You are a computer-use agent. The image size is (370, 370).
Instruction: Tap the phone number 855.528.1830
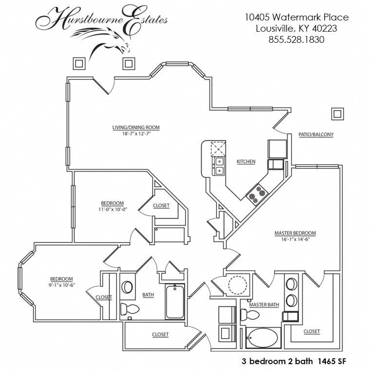296,39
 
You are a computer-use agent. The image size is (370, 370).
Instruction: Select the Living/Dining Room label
136,128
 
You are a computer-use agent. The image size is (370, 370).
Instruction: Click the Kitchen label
246,162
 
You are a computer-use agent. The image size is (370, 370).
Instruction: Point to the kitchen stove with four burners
257,195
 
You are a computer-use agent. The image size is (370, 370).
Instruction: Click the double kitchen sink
219,166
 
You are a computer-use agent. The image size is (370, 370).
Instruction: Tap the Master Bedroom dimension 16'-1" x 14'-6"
295,239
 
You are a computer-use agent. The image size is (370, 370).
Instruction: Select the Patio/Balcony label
316,134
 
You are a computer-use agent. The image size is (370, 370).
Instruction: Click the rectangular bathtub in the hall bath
175,301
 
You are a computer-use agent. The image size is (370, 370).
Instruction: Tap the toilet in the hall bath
129,309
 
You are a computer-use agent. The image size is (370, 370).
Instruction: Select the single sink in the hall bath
127,287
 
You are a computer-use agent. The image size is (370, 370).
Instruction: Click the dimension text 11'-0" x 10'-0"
113,209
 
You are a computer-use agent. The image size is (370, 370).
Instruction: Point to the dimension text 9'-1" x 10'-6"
62,285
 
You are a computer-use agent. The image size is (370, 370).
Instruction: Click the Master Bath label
264,305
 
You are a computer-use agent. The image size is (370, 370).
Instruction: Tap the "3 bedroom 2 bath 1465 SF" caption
294,361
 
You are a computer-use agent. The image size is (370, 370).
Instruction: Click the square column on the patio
337,114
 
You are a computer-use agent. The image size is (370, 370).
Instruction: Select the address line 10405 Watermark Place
296,17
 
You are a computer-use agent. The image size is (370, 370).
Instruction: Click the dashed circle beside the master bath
238,285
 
